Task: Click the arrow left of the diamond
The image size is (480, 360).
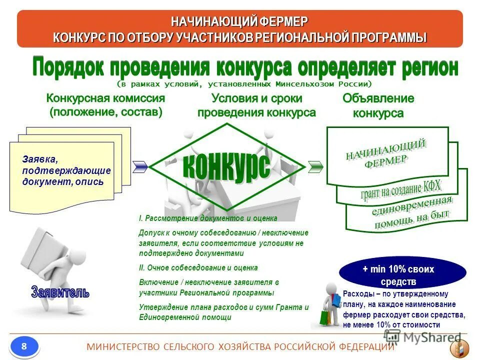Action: coord(140,166)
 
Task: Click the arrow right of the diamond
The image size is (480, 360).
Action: coord(315,166)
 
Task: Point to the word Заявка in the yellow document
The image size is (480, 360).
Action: coord(40,159)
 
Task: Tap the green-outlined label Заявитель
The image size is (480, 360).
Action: coord(60,292)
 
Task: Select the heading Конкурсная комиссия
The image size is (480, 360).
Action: coord(105,98)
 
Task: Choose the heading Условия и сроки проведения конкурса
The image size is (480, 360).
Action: coord(256,105)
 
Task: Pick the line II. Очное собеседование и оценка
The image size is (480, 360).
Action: coord(198,267)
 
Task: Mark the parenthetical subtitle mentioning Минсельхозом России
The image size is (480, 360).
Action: coord(245,83)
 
